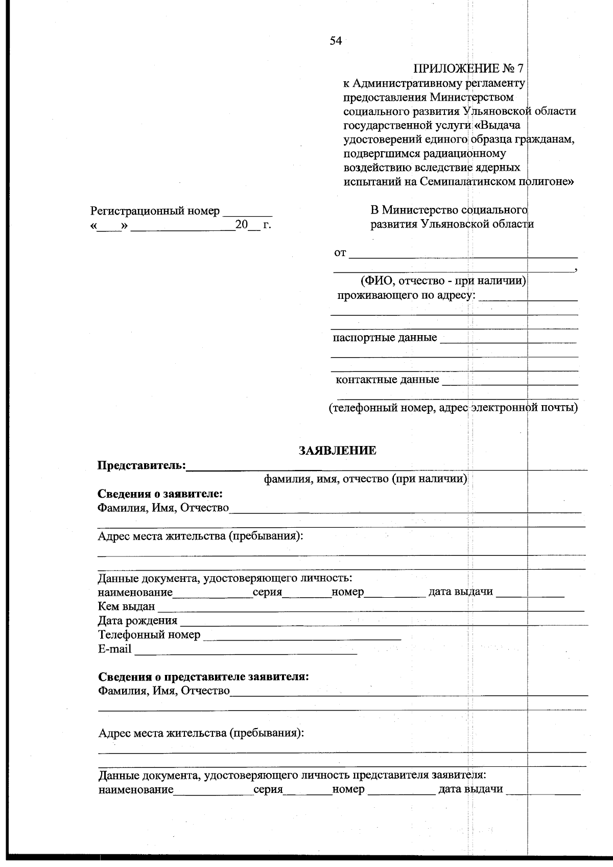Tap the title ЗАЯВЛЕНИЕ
tap(337, 451)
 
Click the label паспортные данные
tap(385, 338)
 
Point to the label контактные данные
tap(387, 380)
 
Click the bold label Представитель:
tap(142, 465)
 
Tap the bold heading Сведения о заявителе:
tap(160, 494)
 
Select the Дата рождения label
tap(137, 621)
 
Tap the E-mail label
tap(114, 649)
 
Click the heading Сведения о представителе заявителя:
tap(203, 677)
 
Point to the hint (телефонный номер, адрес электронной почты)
tap(453, 408)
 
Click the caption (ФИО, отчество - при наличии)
tap(443, 280)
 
